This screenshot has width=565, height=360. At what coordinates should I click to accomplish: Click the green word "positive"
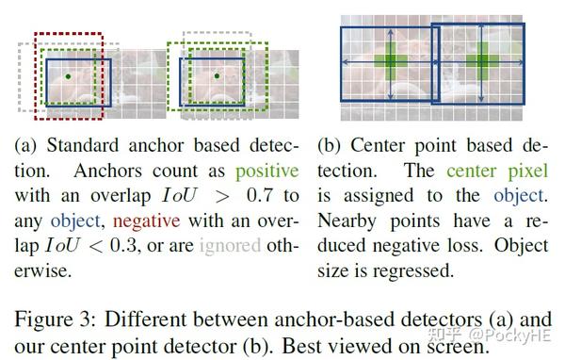(267, 172)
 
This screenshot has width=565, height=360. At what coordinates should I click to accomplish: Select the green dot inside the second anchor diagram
(217, 74)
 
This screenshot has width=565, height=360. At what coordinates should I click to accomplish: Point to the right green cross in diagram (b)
(483, 61)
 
